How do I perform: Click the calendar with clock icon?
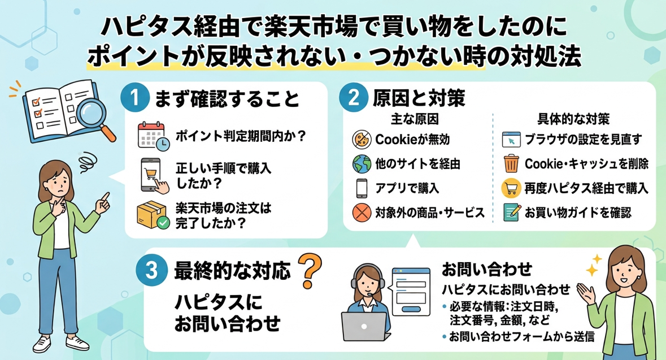pos(153,136)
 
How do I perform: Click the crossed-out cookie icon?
pos(362,140)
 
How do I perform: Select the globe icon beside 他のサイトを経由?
pos(362,164)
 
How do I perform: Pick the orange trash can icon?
pos(511,164)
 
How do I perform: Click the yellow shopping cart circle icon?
pos(511,188)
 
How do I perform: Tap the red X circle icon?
pos(362,212)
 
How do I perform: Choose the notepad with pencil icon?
pos(512,212)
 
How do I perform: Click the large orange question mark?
pos(310,270)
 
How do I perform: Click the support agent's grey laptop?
pos(365,327)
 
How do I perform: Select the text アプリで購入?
pos(407,188)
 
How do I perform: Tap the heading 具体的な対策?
pos(573,119)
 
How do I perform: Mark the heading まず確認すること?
pos(227,98)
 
